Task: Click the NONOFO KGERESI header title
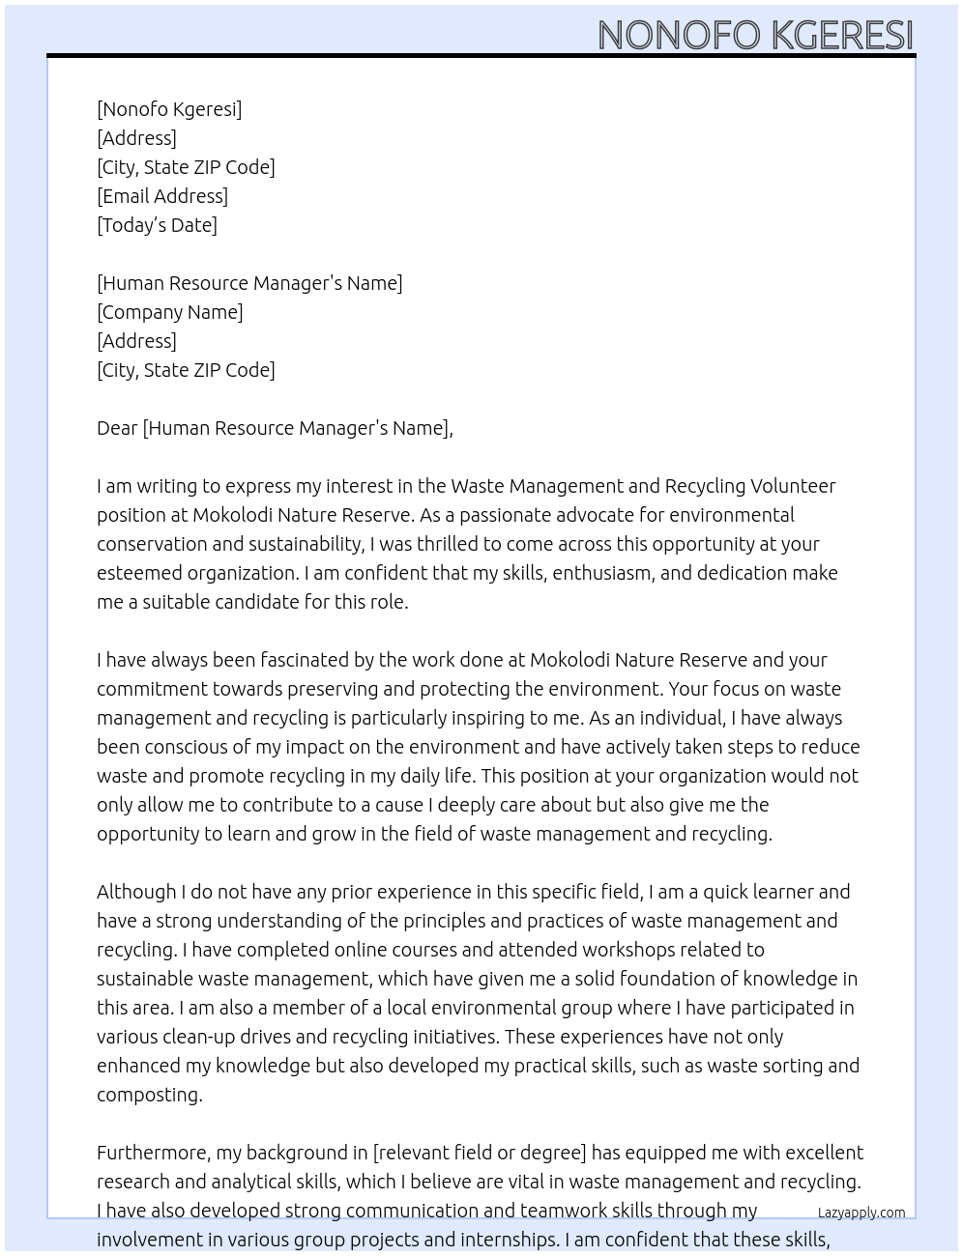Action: (755, 35)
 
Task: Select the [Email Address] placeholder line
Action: (162, 196)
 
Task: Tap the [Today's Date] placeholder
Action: (157, 225)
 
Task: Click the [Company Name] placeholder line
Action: (170, 312)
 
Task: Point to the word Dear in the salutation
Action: (117, 428)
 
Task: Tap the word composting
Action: (149, 1095)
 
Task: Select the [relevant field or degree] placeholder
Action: (480, 1153)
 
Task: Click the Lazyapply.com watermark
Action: (861, 1213)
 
